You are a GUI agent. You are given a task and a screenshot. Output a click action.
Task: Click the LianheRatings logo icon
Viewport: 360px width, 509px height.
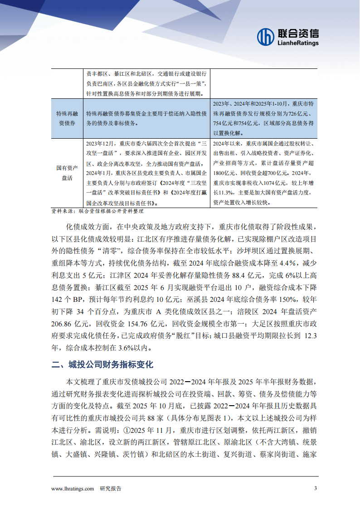click(x=266, y=37)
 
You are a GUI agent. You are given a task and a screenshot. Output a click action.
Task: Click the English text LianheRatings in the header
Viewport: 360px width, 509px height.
click(x=297, y=43)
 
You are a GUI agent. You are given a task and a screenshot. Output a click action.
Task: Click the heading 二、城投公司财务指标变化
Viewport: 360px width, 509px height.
click(x=102, y=364)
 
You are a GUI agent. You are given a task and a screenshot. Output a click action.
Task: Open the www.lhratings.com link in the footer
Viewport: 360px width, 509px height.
click(x=73, y=489)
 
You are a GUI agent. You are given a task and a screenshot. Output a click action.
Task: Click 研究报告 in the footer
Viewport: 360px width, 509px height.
click(x=111, y=489)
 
